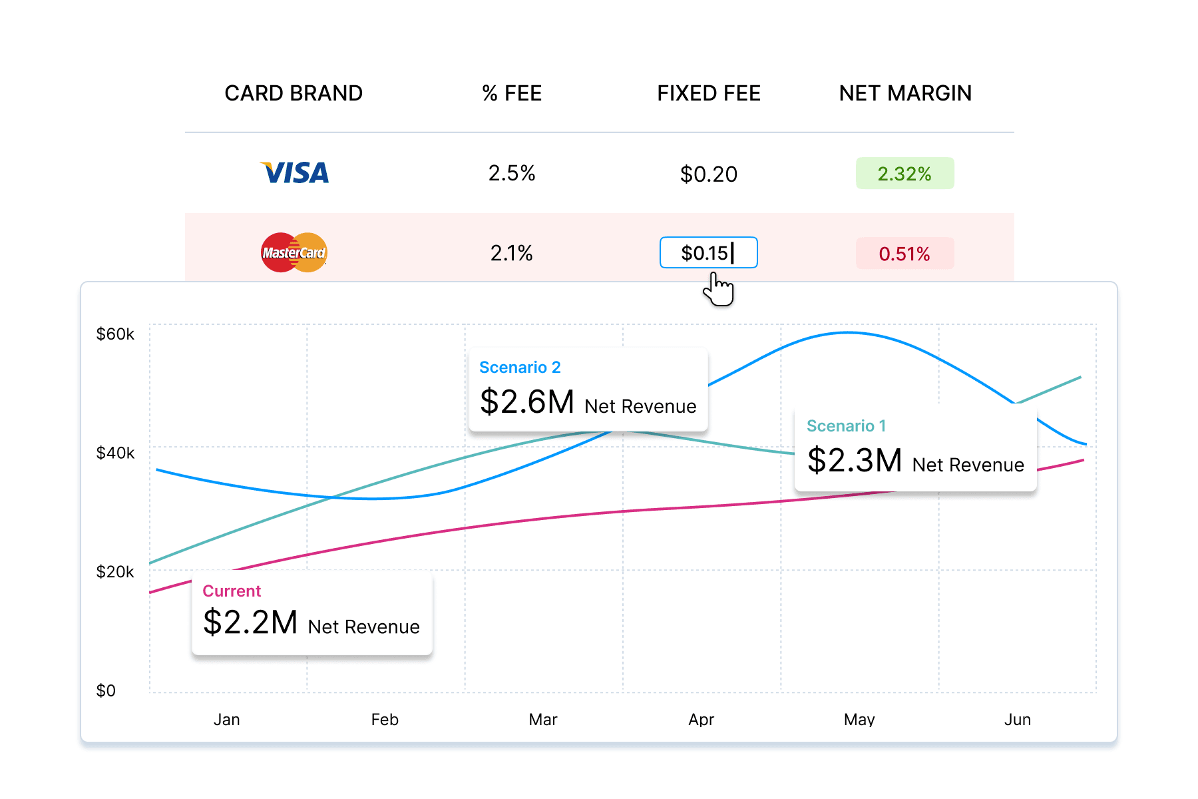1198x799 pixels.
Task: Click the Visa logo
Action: click(x=294, y=173)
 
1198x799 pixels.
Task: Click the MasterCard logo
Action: click(x=294, y=252)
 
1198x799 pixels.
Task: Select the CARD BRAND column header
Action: click(x=294, y=93)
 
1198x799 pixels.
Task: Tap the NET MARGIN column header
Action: click(x=905, y=93)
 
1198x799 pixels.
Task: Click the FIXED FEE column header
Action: click(x=709, y=93)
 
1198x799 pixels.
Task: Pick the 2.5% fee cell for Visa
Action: click(x=512, y=173)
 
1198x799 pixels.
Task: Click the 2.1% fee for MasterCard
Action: click(x=512, y=253)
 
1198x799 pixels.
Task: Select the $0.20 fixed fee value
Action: click(x=709, y=174)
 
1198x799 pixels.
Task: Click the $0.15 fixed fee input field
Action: click(x=708, y=253)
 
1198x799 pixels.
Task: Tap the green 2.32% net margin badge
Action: click(x=904, y=173)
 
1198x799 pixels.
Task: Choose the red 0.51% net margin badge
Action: click(x=904, y=254)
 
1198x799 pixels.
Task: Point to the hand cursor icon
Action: click(x=719, y=290)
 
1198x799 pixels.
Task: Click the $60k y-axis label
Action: click(x=115, y=334)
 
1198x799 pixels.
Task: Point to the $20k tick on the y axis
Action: click(x=115, y=571)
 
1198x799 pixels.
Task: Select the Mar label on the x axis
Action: click(x=543, y=719)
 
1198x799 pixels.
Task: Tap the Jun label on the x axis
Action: click(x=1018, y=719)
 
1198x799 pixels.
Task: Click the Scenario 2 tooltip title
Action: click(x=520, y=368)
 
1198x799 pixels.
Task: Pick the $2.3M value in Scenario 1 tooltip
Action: click(x=855, y=460)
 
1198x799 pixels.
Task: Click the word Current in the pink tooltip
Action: click(x=232, y=591)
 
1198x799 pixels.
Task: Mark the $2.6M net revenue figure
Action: click(x=527, y=401)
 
